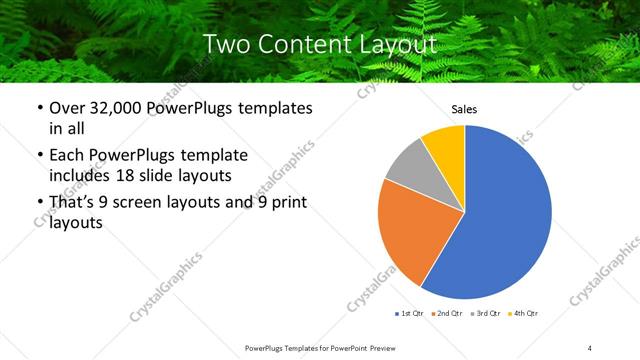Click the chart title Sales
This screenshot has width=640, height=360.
coord(465,109)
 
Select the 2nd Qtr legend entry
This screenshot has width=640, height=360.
coord(446,314)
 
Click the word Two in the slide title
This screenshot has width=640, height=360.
coord(223,44)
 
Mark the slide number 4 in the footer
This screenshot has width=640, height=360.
coord(589,347)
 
